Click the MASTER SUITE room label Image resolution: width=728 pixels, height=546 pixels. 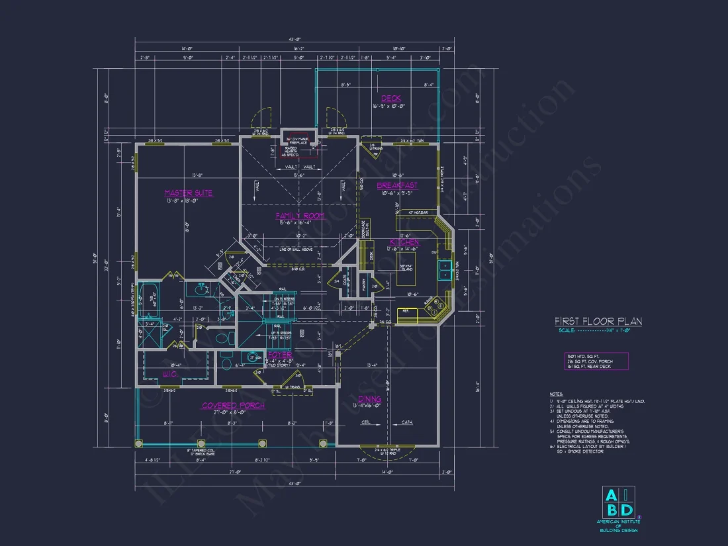[x=189, y=193]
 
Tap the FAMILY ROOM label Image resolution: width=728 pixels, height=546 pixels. [x=299, y=216]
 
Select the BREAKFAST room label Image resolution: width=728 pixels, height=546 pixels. [x=397, y=186]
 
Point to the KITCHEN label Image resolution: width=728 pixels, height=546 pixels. [x=404, y=243]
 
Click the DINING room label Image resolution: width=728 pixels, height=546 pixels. [x=369, y=399]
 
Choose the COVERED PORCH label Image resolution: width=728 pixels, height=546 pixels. [x=233, y=405]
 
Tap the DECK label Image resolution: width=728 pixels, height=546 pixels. [x=390, y=99]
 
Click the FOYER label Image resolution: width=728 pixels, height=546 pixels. [x=279, y=355]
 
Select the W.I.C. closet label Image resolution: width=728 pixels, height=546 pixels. [x=170, y=374]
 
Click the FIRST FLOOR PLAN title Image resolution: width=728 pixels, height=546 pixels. [x=598, y=322]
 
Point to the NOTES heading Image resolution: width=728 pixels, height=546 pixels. [x=556, y=394]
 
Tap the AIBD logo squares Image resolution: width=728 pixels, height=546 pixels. [x=618, y=502]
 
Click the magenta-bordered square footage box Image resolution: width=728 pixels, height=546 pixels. [x=591, y=361]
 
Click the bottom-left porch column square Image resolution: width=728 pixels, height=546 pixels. [x=138, y=443]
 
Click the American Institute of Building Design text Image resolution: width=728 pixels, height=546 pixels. [x=618, y=526]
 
